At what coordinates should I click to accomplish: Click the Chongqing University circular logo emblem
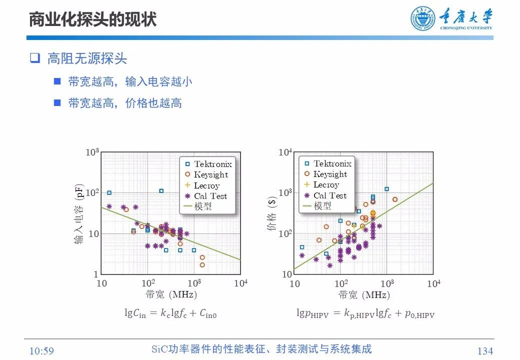(x=423, y=19)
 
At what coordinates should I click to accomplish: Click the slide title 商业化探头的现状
(x=92, y=19)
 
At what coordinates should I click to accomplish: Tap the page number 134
(x=485, y=351)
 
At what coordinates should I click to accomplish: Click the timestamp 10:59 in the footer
(x=41, y=351)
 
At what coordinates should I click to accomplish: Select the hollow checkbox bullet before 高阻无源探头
(x=34, y=58)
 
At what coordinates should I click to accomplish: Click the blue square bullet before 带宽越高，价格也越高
(x=57, y=102)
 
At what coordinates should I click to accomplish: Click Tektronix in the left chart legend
(x=212, y=164)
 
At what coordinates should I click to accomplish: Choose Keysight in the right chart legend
(x=329, y=174)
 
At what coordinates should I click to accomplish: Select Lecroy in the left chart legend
(x=206, y=185)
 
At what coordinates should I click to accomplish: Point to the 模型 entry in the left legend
(x=202, y=206)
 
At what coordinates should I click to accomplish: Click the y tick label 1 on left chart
(x=96, y=274)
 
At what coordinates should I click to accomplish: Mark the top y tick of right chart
(x=285, y=152)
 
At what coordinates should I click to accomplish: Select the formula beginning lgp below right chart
(x=365, y=314)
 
